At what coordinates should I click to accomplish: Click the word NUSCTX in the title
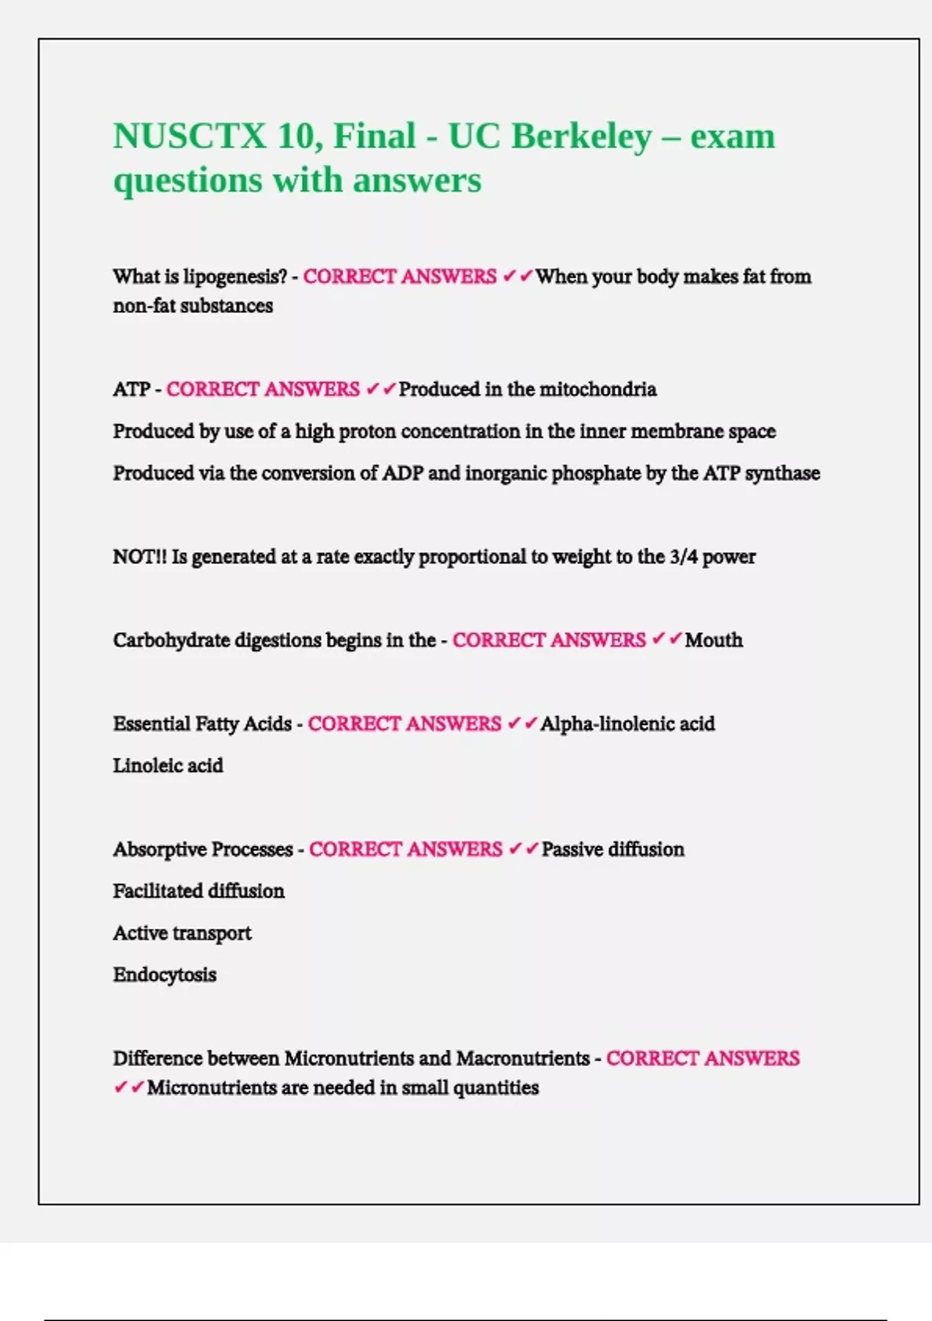[x=190, y=136]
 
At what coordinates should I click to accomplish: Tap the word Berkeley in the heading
[x=581, y=136]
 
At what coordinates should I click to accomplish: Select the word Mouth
[x=713, y=640]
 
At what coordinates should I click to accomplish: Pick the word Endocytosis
[x=165, y=975]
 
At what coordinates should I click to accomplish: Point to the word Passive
[x=572, y=849]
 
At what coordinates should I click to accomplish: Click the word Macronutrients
[x=523, y=1058]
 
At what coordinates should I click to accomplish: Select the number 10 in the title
[x=294, y=136]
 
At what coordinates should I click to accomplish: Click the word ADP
[x=402, y=473]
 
